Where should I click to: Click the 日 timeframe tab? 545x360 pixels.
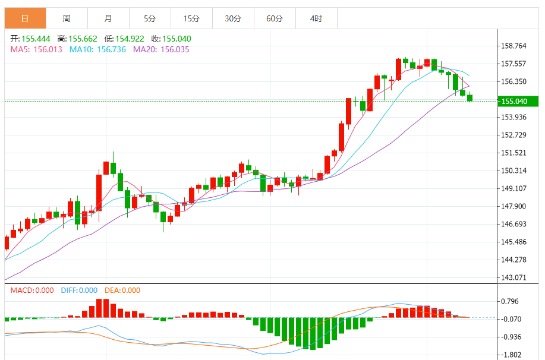coord(25,18)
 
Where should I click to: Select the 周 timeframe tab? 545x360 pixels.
coord(67,18)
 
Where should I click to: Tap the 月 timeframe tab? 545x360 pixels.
coord(108,18)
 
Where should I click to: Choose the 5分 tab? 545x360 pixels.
coord(150,18)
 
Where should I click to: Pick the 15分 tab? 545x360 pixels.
coord(191,18)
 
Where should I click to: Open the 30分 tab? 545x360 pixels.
coord(233,18)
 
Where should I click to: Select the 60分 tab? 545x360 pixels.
coord(275,18)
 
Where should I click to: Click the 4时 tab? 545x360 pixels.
coord(316,18)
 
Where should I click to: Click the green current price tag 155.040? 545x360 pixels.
coord(518,102)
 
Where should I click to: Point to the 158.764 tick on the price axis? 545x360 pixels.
coord(515,46)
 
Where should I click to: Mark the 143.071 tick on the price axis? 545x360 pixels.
coord(515,277)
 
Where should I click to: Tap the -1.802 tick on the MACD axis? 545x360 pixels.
coord(513,355)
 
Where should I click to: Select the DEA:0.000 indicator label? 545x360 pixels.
coord(122,290)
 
